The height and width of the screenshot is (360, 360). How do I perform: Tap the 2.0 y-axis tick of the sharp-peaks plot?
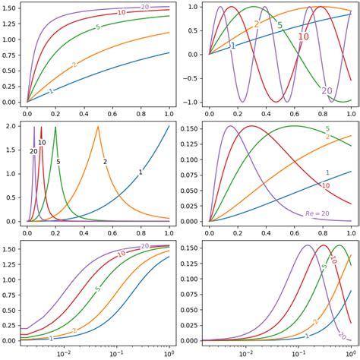pos(13,127)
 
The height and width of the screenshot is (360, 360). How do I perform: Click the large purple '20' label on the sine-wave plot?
pos(327,91)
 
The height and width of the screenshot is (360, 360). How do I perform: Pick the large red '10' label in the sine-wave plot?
pos(303,36)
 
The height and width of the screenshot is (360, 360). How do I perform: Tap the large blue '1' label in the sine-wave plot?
pos(232,46)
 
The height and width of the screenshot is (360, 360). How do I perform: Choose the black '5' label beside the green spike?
pos(58,162)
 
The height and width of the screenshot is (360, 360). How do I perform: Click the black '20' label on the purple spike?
pos(33,152)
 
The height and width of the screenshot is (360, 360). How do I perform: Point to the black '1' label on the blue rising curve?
pos(141,173)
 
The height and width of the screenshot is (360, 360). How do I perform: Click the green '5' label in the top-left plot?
pos(98,27)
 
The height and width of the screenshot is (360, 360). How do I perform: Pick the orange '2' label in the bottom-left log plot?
pos(74,330)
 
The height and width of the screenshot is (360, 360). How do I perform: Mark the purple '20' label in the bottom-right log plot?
pos(342,335)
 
